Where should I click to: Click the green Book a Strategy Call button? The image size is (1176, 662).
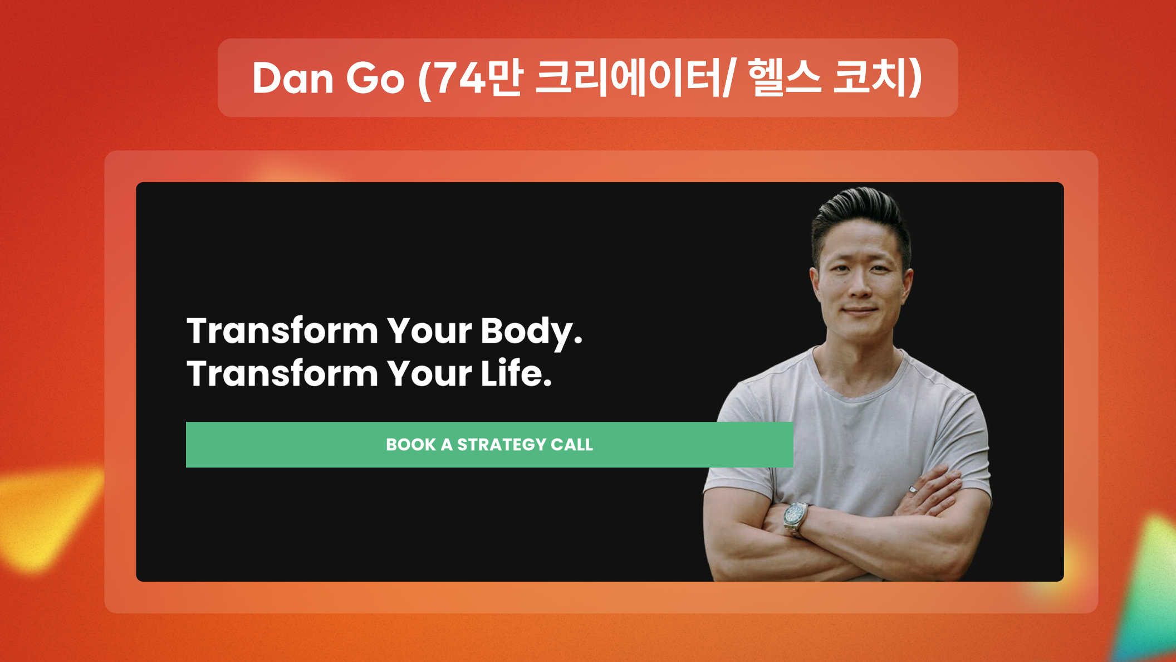tap(489, 445)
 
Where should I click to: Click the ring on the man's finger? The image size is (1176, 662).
tap(913, 490)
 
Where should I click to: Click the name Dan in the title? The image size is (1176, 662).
tap(293, 79)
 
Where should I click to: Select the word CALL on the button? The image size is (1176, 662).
tap(572, 445)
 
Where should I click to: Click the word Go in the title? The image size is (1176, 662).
tap(375, 79)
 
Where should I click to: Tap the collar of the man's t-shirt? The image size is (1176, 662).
tap(857, 379)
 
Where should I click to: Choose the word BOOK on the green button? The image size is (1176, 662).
tap(411, 445)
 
